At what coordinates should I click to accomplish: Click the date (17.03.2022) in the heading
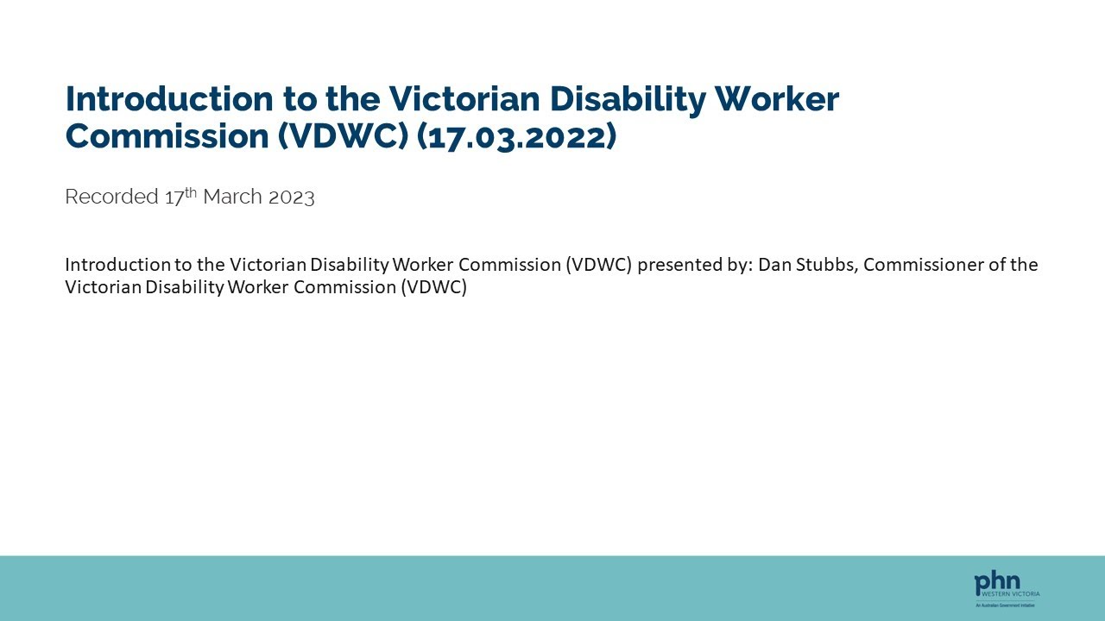point(516,137)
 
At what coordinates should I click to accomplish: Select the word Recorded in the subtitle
point(111,197)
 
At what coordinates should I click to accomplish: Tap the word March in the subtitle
point(232,197)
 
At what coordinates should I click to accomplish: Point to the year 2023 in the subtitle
point(291,197)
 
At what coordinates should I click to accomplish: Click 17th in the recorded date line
point(180,196)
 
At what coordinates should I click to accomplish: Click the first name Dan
point(774,265)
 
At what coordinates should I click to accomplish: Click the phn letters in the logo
point(996,583)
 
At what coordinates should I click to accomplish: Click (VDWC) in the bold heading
point(343,137)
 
